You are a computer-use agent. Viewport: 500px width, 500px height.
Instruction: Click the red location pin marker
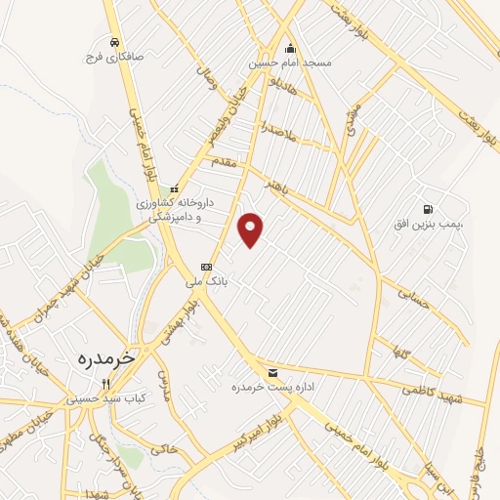tap(252, 229)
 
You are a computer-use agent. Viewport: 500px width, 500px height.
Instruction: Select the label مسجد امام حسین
tap(291, 62)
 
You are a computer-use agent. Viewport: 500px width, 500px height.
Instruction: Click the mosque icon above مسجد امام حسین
tap(290, 48)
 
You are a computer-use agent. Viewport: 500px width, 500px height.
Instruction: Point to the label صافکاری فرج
tap(114, 57)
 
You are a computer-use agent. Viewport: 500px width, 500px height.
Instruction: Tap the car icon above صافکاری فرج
tap(115, 42)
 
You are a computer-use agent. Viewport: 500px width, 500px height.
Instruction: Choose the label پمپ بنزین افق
tap(428, 226)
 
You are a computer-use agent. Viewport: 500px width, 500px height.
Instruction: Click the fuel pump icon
tap(428, 210)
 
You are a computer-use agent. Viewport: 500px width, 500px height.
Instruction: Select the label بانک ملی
tap(206, 281)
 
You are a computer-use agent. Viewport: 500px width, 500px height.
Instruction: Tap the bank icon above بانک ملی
tap(206, 267)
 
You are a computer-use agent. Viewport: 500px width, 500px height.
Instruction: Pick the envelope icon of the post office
tap(272, 373)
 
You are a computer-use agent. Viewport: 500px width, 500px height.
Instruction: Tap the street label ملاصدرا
tap(278, 128)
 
